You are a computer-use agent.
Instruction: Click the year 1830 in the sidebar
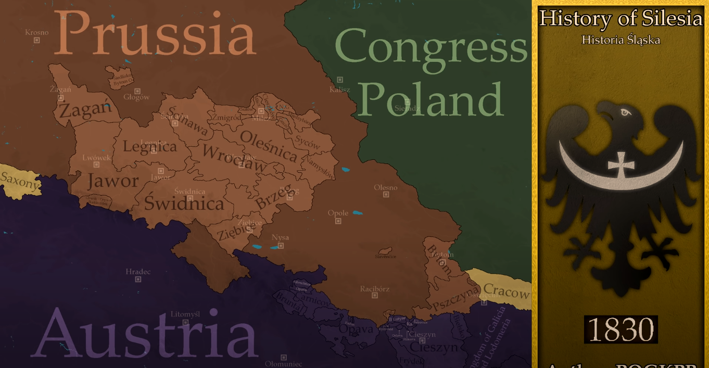(621, 329)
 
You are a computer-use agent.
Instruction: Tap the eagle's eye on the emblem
(624, 112)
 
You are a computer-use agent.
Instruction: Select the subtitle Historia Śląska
(621, 40)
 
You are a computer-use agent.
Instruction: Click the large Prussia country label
(155, 34)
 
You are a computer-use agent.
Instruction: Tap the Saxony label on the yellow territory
(20, 181)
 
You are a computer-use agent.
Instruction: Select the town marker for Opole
(338, 221)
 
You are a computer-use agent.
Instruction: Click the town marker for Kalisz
(340, 80)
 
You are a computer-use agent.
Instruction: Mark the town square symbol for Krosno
(36, 40)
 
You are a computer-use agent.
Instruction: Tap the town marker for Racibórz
(374, 296)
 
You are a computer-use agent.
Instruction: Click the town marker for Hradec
(138, 280)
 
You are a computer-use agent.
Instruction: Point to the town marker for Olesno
(386, 195)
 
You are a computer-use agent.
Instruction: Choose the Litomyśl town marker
(185, 322)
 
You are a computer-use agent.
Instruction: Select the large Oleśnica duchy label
(269, 145)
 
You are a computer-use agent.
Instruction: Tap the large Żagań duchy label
(85, 110)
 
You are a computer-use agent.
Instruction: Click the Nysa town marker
(281, 245)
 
